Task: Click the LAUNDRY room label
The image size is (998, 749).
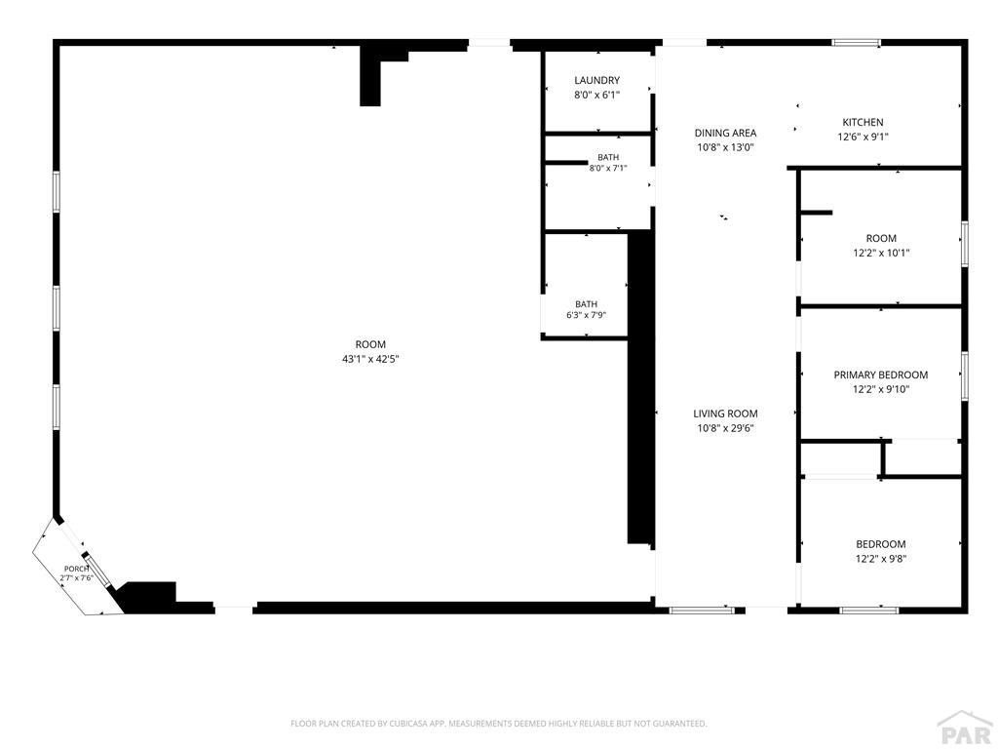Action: (x=596, y=80)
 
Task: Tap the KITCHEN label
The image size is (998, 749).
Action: (x=863, y=122)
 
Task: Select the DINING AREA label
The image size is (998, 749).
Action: (x=725, y=133)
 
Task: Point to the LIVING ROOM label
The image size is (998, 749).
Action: (x=725, y=414)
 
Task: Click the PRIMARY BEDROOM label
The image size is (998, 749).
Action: (x=880, y=375)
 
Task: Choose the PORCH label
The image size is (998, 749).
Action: (x=76, y=569)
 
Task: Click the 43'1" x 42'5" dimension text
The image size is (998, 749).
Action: (x=370, y=359)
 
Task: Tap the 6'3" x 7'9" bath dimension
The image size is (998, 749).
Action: (x=586, y=315)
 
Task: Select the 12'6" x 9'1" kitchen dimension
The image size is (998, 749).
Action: (x=863, y=137)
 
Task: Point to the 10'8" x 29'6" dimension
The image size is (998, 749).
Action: (x=725, y=429)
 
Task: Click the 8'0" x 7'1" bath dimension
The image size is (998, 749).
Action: (x=608, y=169)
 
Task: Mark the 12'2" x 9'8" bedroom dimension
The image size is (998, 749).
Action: (x=880, y=559)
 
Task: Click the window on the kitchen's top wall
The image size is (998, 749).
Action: (x=857, y=43)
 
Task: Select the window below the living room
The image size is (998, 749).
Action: (x=702, y=611)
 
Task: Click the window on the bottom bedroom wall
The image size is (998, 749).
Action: (x=868, y=611)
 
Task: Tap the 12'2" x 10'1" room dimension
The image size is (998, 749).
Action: (x=881, y=253)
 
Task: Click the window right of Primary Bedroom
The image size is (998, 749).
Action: (x=964, y=375)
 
